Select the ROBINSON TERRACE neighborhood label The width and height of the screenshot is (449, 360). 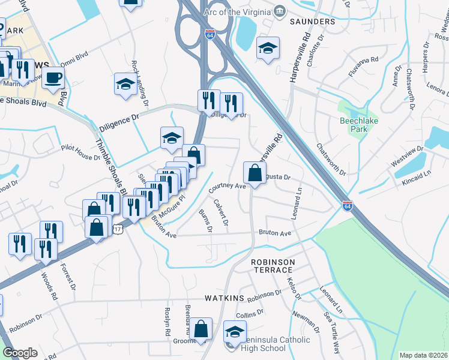(273, 266)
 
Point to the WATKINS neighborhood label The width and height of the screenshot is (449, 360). (224, 298)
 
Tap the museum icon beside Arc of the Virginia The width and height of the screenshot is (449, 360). (280, 11)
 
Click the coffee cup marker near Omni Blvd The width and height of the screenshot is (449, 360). (53, 77)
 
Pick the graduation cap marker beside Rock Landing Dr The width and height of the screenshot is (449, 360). (125, 84)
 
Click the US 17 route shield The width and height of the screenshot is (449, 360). (118, 229)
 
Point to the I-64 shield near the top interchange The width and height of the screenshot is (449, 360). (209, 34)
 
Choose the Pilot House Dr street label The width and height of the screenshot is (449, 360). (79, 157)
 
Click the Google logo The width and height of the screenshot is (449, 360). (20, 353)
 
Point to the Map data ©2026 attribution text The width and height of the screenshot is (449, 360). (423, 355)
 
